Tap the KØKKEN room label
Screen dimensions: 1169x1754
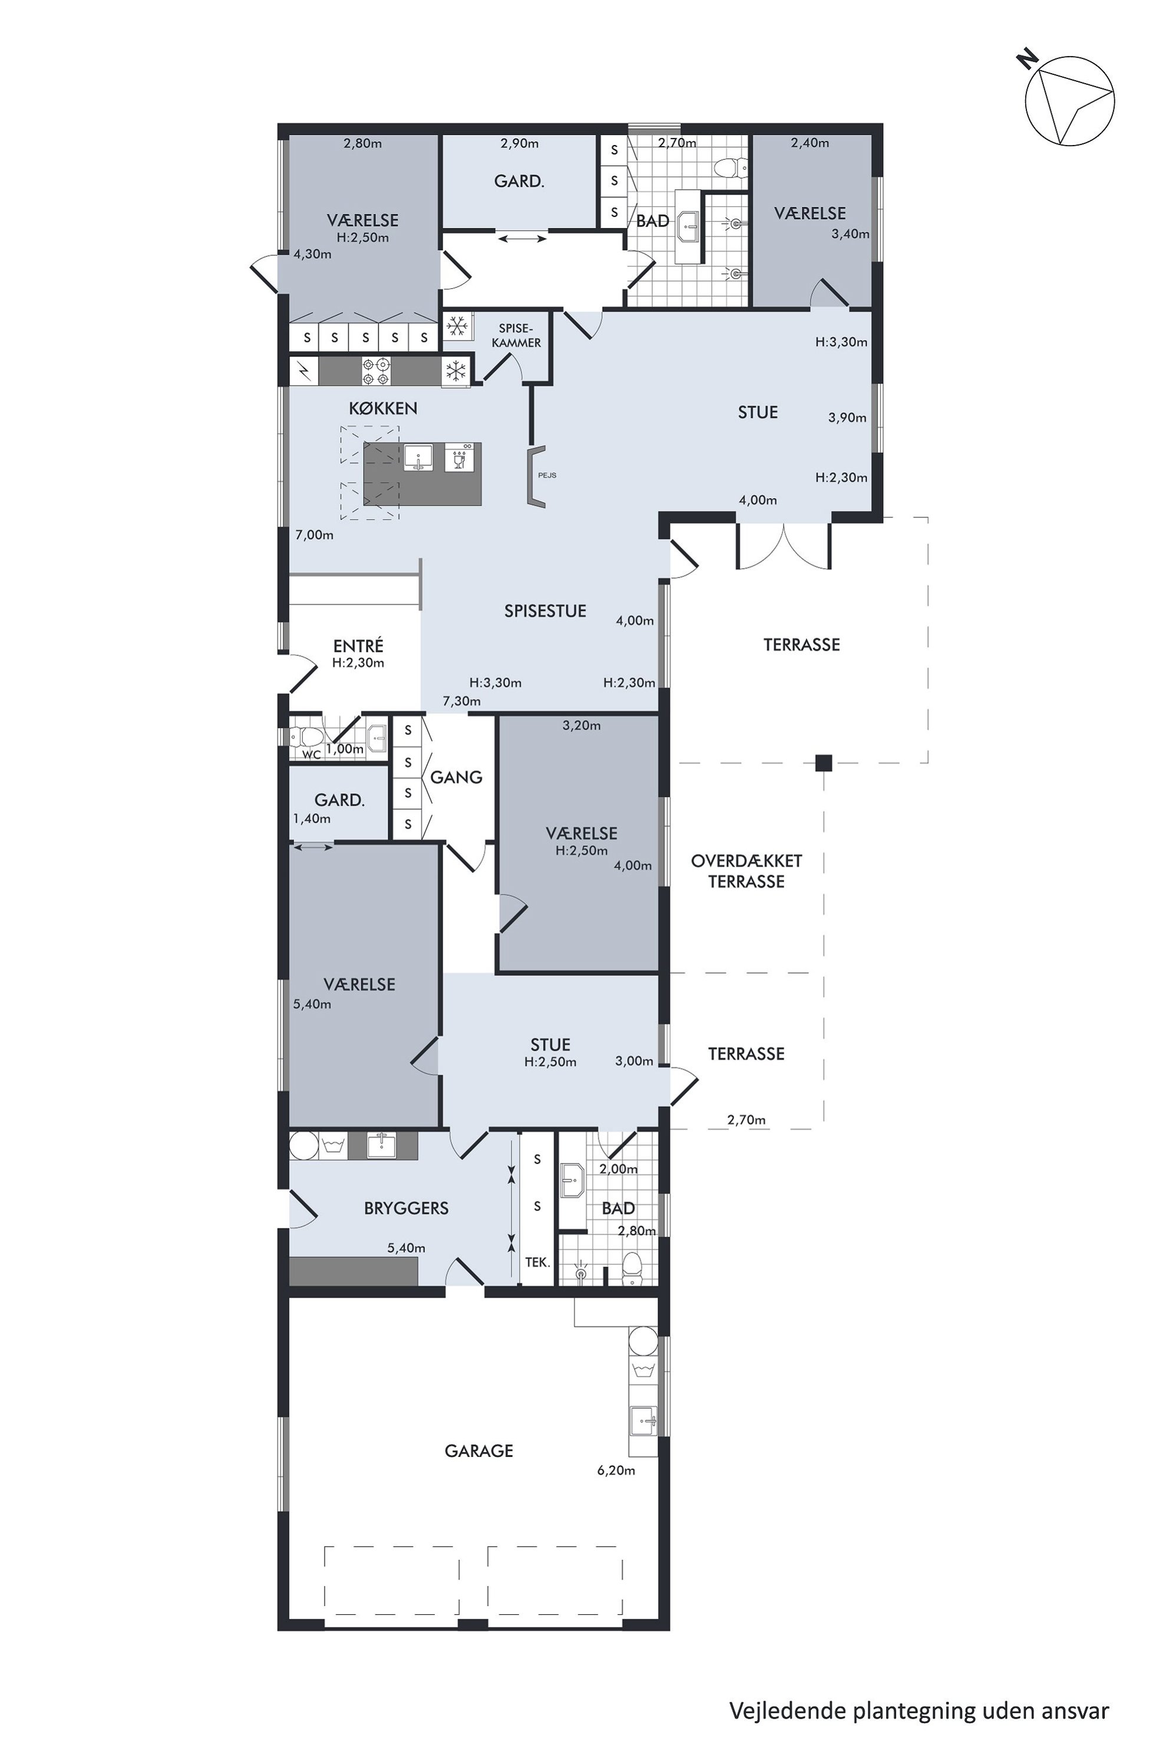point(383,408)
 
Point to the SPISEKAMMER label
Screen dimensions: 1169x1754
point(517,335)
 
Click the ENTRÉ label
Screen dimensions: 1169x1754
point(358,645)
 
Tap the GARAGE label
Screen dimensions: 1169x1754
point(478,1450)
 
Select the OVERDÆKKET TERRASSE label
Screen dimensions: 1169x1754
point(747,871)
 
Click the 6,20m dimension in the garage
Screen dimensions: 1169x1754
point(616,1471)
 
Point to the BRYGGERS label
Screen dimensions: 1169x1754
point(407,1208)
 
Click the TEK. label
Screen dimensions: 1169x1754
point(537,1262)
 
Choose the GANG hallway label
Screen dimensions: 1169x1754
point(456,777)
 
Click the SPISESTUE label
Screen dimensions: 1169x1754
point(545,611)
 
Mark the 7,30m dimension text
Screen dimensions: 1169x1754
point(461,701)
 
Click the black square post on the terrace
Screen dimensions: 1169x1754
point(823,762)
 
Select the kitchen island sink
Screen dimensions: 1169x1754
point(418,457)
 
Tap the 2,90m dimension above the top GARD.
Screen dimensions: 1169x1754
point(519,143)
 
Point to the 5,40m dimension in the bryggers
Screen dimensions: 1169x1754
point(407,1248)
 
